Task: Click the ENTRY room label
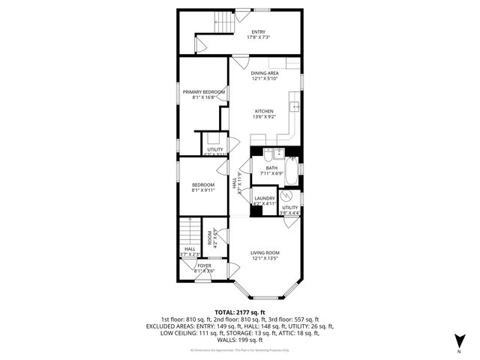[258, 31]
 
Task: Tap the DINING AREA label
[264, 73]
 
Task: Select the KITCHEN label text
[263, 111]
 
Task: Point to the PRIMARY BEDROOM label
[204, 91]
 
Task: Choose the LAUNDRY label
[265, 198]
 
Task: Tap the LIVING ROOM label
[264, 253]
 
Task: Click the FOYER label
[205, 265]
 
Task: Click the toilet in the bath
[293, 160]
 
